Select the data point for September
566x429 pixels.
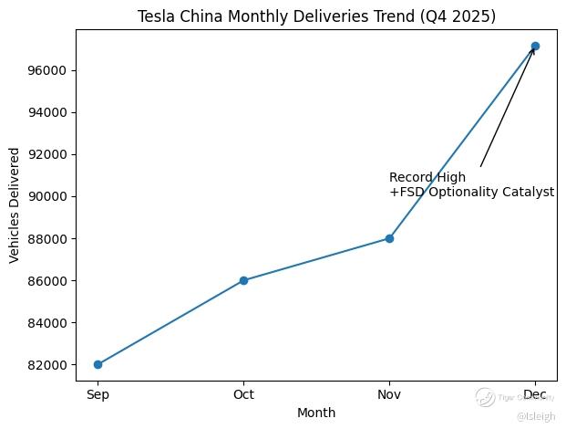click(98, 364)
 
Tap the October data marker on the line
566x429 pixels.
click(243, 280)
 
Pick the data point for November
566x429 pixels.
click(389, 238)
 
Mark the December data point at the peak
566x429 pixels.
click(535, 46)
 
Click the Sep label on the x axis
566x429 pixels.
click(98, 395)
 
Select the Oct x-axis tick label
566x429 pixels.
click(243, 395)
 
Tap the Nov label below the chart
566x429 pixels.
click(389, 395)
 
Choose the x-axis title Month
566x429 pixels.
click(316, 413)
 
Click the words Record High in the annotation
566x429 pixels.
click(427, 177)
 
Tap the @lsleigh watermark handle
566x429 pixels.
click(535, 416)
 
